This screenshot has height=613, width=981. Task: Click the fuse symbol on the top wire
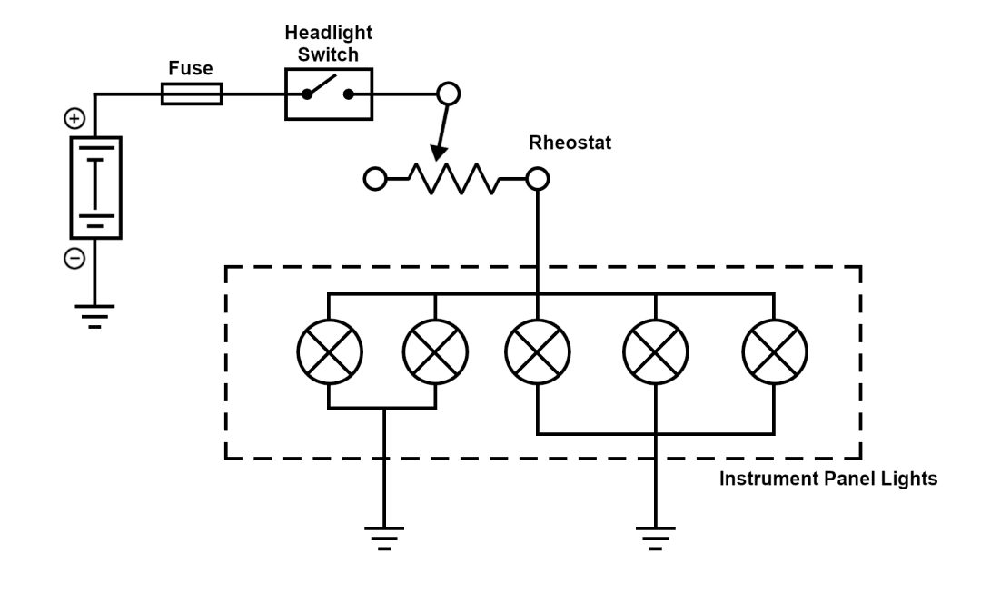[192, 93]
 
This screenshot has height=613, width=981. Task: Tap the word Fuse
[191, 68]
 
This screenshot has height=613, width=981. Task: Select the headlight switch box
[329, 93]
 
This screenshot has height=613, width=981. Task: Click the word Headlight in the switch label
[329, 33]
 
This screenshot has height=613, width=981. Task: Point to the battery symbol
[95, 187]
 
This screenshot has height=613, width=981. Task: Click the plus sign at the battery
[74, 118]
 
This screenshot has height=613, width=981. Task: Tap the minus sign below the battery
[74, 259]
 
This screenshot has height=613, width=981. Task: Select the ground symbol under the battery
[95, 314]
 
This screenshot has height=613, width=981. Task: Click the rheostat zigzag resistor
[453, 178]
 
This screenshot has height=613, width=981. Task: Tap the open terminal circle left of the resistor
[374, 178]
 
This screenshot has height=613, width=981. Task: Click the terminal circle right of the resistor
[538, 178]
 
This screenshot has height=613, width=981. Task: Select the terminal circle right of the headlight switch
[449, 93]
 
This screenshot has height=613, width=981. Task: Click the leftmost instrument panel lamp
[330, 352]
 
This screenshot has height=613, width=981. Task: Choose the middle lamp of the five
[538, 352]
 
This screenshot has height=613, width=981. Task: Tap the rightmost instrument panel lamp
[774, 352]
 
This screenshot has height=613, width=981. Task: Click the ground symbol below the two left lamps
[385, 538]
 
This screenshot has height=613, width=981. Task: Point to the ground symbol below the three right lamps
[654, 538]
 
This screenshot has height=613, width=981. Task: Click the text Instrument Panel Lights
[827, 479]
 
